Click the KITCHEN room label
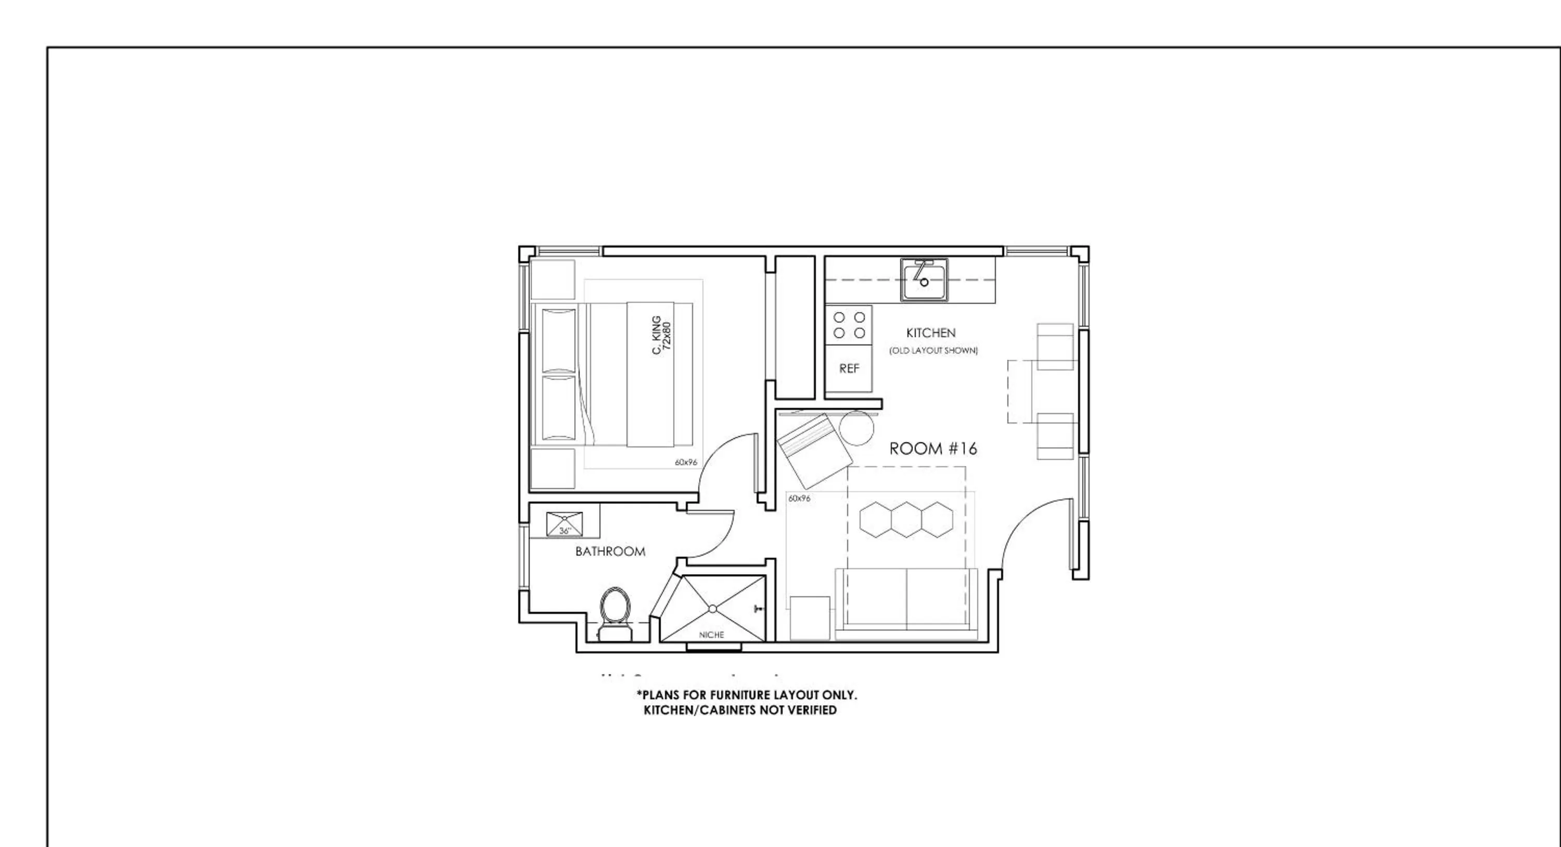[930, 332]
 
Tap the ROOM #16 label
[932, 448]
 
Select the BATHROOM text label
[610, 551]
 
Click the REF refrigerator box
[848, 368]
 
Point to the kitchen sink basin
[924, 280]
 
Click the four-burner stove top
[848, 325]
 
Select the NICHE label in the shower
[711, 635]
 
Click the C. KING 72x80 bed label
[661, 335]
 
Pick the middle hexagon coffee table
[906, 519]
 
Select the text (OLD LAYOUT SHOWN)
[932, 351]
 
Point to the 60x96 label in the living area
[799, 498]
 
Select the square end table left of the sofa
[810, 618]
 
